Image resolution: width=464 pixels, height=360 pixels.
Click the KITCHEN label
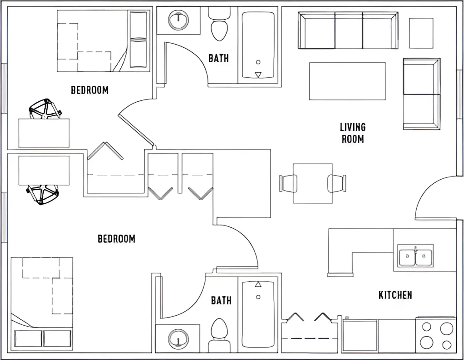[x=395, y=295]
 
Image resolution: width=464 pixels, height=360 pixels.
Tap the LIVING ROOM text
[x=353, y=133]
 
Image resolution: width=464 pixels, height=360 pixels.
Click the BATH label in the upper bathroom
[x=218, y=58]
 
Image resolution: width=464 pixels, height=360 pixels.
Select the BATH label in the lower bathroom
[x=221, y=300]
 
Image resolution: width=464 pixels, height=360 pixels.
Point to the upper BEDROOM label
[x=90, y=90]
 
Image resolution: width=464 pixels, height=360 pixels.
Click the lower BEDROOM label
[x=117, y=239]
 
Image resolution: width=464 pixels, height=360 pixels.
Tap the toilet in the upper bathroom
[x=219, y=24]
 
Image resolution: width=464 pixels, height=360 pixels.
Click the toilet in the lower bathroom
[x=219, y=336]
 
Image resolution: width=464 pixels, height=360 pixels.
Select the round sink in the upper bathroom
[x=178, y=20]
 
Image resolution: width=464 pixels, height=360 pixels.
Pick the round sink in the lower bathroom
[x=178, y=340]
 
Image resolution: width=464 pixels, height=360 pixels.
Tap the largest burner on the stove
[x=447, y=329]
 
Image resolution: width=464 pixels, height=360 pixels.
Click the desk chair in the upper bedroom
[x=45, y=109]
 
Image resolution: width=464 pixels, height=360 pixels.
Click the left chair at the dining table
[x=288, y=183]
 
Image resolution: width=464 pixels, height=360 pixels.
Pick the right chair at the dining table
[x=337, y=183]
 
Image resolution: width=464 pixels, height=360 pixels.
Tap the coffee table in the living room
[x=347, y=81]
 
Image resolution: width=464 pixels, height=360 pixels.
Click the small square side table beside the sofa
[x=421, y=33]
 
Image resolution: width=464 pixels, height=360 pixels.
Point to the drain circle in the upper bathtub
[x=258, y=62]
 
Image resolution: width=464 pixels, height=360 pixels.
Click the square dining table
[x=313, y=183]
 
